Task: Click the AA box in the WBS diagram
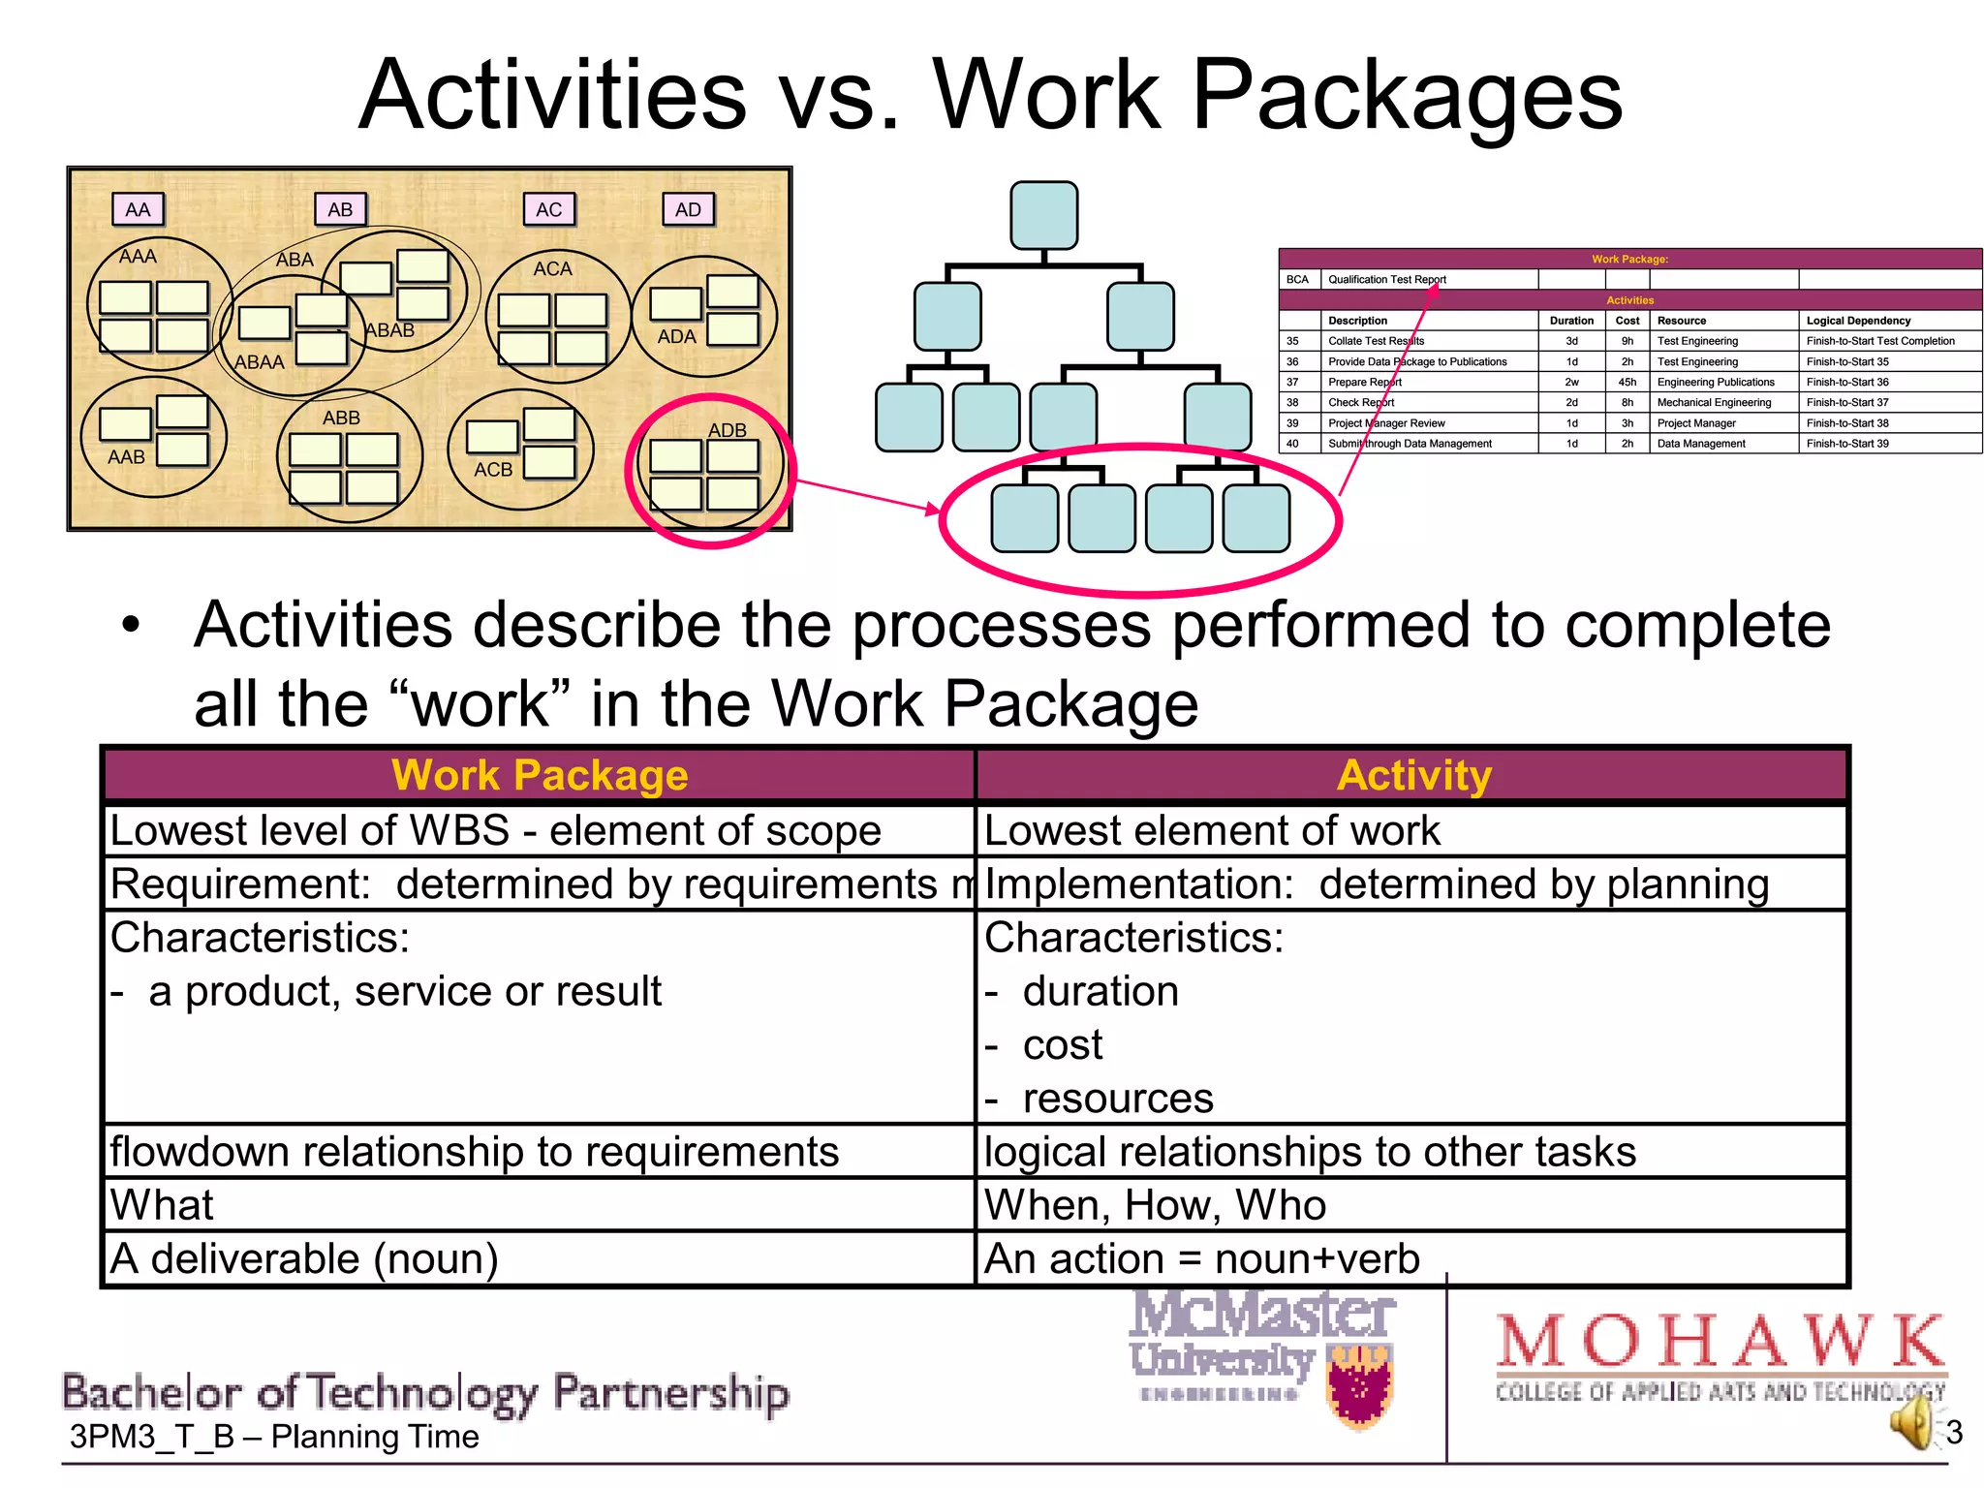[139, 209]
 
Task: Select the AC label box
[549, 209]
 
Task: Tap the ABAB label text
[390, 330]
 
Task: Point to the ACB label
[493, 470]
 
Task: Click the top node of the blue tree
[1044, 215]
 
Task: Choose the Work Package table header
[540, 776]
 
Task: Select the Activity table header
[1413, 776]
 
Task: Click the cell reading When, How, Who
[1155, 1205]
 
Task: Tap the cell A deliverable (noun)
[305, 1258]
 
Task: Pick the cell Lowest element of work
[1212, 831]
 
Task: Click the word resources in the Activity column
[1118, 1099]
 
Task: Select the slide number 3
[1954, 1432]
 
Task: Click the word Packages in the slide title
[1407, 95]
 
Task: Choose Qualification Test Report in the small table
[1386, 280]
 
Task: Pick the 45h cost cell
[1627, 382]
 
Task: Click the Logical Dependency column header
[1858, 321]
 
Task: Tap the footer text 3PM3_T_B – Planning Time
[274, 1437]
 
